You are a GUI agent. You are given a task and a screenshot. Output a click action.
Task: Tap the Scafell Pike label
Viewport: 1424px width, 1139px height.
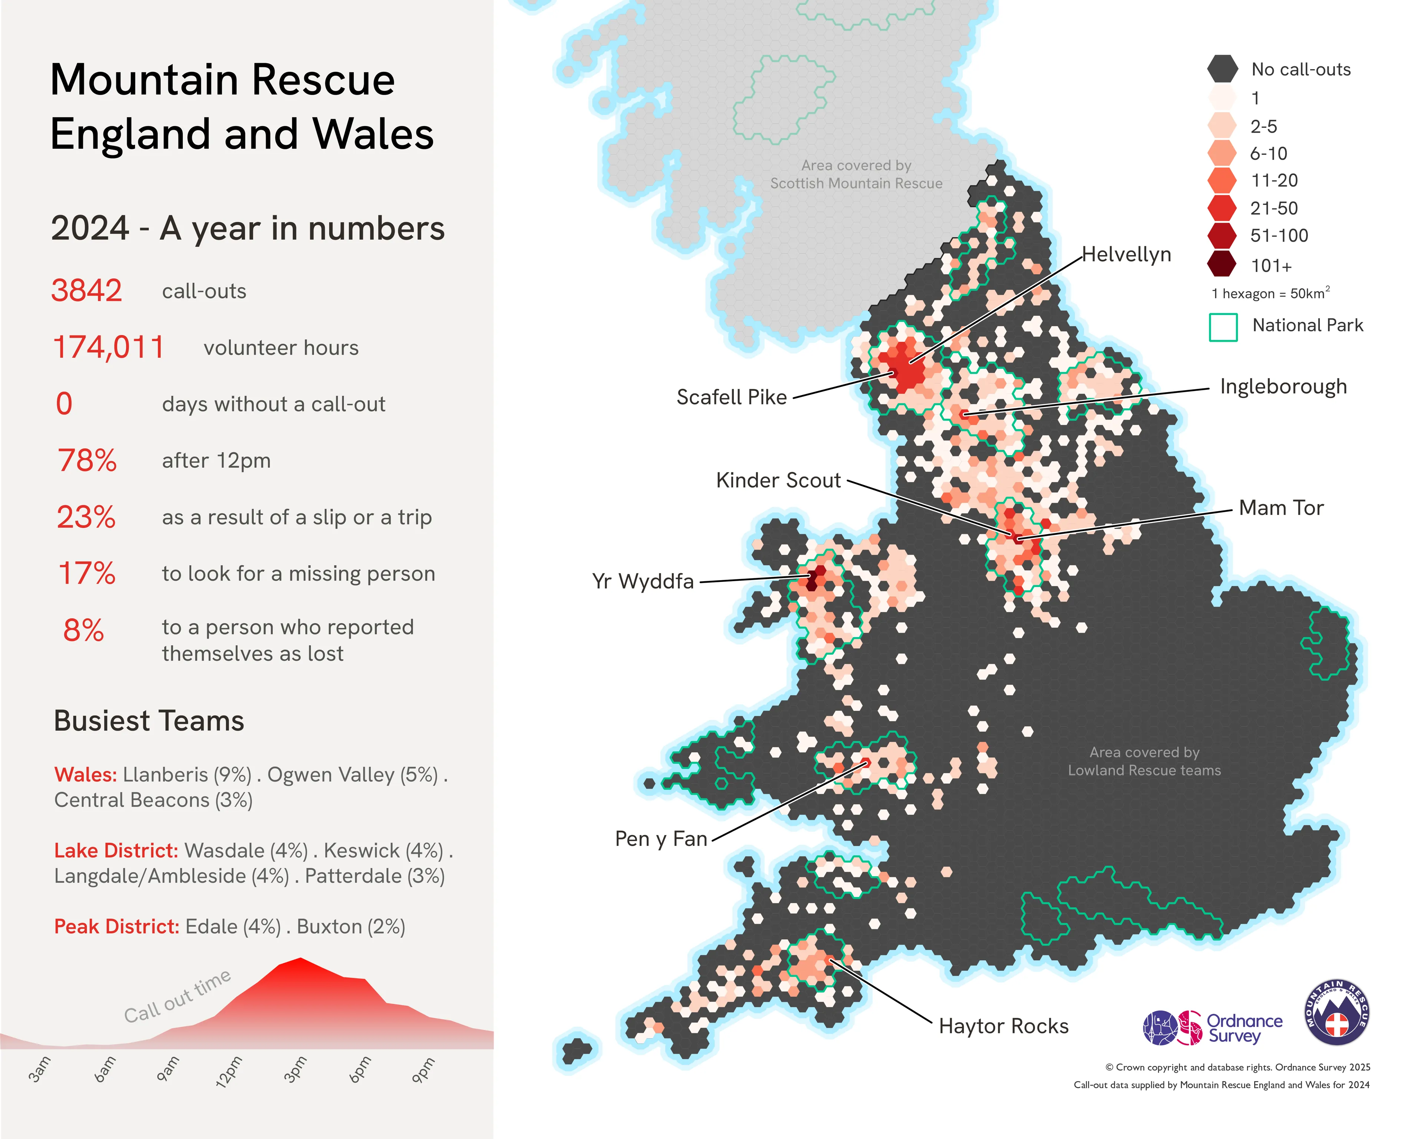pos(731,397)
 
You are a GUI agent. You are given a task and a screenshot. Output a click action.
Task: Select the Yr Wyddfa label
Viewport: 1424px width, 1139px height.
pos(643,581)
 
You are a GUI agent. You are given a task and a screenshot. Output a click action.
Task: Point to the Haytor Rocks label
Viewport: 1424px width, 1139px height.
pos(1003,1026)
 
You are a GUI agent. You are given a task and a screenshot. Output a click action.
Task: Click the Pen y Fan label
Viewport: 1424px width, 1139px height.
pos(660,838)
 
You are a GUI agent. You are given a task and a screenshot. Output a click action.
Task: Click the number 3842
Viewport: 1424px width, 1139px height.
pos(86,291)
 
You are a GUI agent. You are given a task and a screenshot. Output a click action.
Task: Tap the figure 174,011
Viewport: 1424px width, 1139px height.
pos(108,347)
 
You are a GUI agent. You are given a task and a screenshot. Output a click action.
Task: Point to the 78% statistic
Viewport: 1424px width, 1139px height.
pos(86,460)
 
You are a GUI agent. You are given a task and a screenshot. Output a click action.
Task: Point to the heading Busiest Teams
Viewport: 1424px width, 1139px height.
pos(149,721)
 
